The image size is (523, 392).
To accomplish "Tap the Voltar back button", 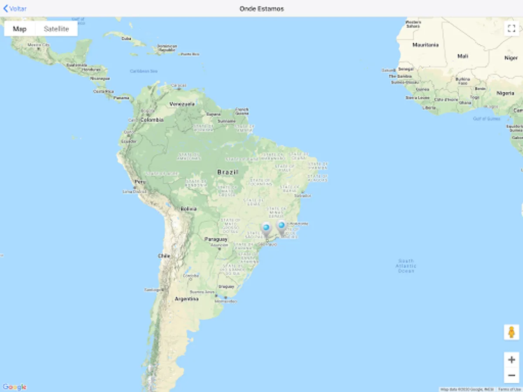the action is click(x=15, y=9).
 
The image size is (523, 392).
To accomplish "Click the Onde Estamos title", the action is click(x=261, y=9).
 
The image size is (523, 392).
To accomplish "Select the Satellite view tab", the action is click(x=56, y=29).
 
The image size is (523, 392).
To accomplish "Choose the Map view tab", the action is click(x=20, y=29).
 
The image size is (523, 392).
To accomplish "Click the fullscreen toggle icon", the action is click(x=511, y=29).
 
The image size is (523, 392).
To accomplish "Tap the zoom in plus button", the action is click(x=512, y=360).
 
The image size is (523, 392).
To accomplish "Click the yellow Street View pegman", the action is click(x=512, y=332).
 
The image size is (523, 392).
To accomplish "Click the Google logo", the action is click(x=14, y=387).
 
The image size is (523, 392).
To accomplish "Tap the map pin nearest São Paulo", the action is click(x=266, y=228).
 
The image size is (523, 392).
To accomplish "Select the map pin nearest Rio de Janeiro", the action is click(x=282, y=226).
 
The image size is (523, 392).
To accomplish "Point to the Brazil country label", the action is click(x=228, y=172).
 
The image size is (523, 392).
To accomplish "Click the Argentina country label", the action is click(x=187, y=299).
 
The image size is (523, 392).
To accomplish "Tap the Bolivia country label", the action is click(x=188, y=209).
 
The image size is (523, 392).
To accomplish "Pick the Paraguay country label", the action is click(x=216, y=240).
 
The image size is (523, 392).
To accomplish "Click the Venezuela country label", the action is click(x=182, y=105).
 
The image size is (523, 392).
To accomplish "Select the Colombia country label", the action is click(x=152, y=120).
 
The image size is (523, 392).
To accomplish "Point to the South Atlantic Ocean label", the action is click(x=406, y=266).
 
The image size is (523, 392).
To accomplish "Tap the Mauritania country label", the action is click(x=425, y=45).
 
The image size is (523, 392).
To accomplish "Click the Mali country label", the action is click(x=462, y=56).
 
